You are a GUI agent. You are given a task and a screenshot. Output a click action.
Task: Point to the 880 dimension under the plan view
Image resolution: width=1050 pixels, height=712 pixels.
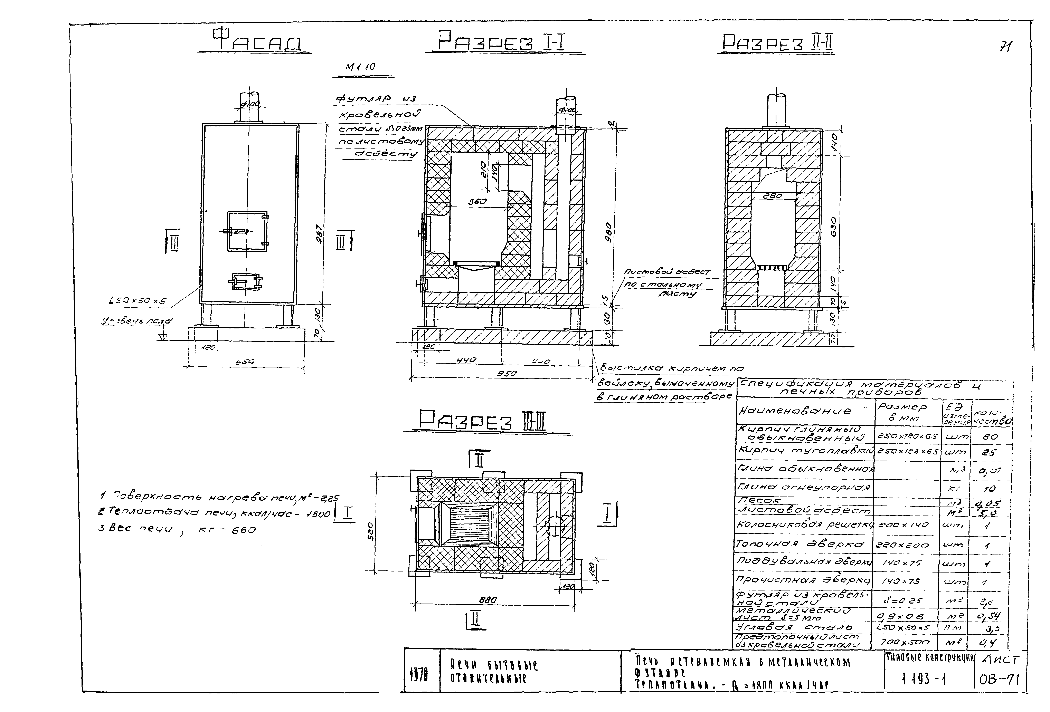488,600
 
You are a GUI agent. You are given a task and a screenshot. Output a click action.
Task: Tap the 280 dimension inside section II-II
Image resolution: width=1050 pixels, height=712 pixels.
772,196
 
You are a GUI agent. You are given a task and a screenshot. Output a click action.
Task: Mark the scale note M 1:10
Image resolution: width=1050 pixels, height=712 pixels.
361,67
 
